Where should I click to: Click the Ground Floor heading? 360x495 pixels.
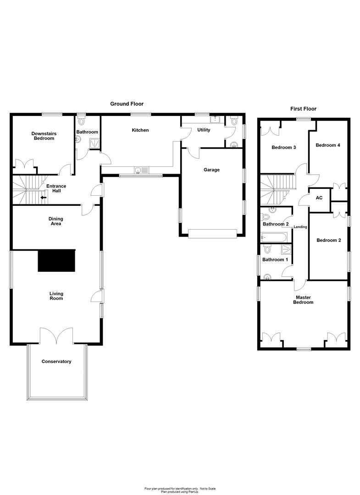point(127,104)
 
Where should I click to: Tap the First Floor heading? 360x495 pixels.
point(303,109)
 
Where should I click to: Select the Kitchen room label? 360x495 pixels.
point(140,130)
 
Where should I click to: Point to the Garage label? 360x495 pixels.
point(211,170)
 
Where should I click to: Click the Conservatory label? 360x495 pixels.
point(56,362)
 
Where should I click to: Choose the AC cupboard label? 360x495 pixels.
point(319,198)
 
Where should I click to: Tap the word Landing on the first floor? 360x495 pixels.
point(300,227)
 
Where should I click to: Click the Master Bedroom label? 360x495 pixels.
point(304,300)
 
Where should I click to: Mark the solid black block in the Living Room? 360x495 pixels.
point(56,261)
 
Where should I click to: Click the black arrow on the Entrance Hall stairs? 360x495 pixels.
point(44,198)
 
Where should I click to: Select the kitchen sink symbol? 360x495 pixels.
point(141,170)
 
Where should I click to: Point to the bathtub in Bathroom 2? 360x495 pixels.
point(274,237)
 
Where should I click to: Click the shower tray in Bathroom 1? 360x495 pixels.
point(286,250)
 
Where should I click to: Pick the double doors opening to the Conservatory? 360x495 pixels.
point(56,336)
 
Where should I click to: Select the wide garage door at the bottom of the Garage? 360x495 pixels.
point(212,234)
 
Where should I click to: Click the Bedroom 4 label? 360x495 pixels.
point(328,145)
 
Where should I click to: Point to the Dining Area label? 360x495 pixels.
point(55,221)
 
